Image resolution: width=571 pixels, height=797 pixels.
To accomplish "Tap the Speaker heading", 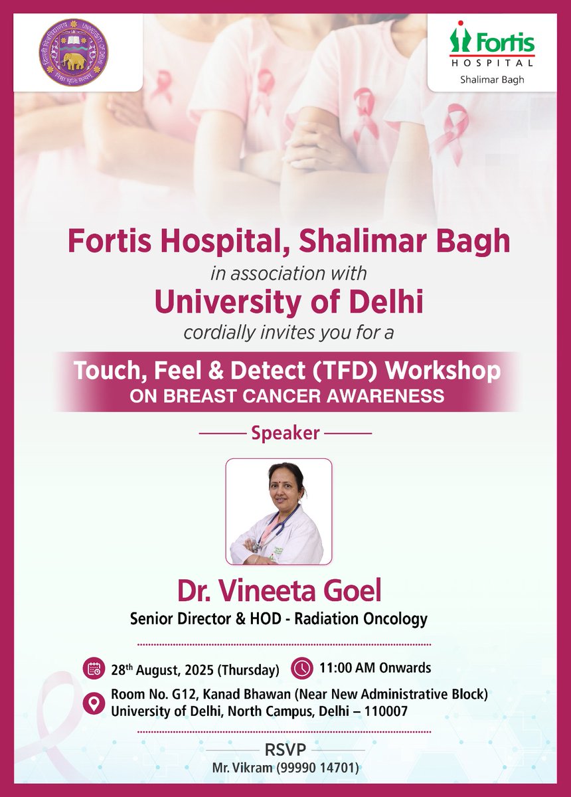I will coord(285,434).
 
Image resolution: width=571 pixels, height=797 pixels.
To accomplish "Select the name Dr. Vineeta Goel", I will coord(285,591).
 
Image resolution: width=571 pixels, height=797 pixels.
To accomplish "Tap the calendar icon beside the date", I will coord(94,668).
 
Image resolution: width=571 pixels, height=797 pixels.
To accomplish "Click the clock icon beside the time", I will coord(302,667).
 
